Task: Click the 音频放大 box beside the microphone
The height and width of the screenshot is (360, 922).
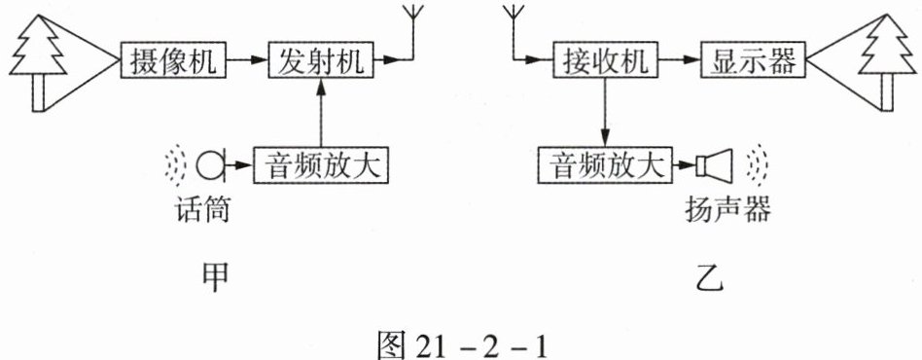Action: coord(321,165)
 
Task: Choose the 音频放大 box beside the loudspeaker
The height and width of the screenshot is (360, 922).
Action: coord(606,164)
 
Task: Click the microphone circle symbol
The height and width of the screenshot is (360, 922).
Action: coord(209,165)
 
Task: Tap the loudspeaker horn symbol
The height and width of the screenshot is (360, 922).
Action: coord(714,164)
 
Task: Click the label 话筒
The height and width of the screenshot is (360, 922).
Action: coord(201,209)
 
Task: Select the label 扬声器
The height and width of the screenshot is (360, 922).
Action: coord(727,209)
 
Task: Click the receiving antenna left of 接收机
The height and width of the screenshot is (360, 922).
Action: coord(514,33)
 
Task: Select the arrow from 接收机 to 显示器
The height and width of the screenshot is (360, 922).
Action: coord(680,59)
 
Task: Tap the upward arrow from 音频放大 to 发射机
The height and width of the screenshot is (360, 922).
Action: coord(321,113)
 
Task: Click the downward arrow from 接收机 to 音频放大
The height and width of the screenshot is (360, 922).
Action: coord(606,112)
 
